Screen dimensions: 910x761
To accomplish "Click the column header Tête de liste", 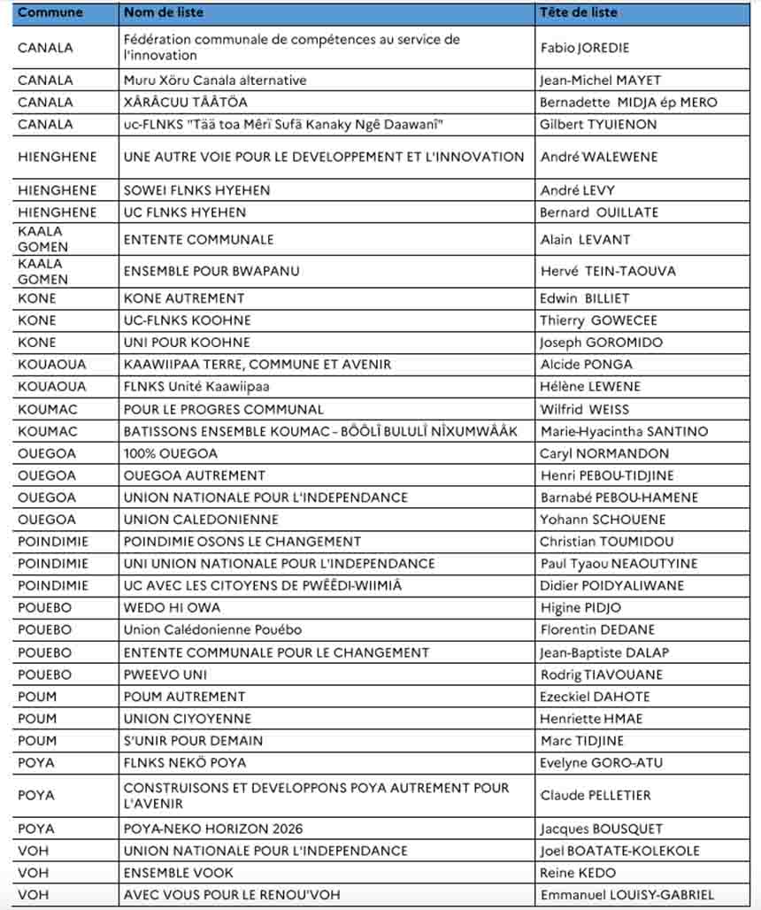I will (579, 12).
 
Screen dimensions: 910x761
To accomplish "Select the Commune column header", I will (50, 12).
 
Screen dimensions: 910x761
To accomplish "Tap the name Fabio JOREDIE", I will (584, 48).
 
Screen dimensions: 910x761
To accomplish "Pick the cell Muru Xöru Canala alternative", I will (215, 81).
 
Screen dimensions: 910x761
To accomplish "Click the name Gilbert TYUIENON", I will (598, 125).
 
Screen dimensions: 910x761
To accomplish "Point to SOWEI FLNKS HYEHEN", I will (196, 190).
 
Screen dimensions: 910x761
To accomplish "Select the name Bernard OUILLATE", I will (599, 212).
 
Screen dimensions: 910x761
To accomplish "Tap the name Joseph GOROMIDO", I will (601, 343).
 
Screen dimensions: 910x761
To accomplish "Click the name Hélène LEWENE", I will (590, 387).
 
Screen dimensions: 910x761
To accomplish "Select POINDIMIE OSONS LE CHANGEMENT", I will (242, 542).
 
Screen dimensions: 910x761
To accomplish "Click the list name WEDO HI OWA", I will (172, 608).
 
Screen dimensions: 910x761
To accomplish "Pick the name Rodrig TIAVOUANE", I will (601, 675).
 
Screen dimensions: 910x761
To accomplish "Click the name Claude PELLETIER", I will (596, 796).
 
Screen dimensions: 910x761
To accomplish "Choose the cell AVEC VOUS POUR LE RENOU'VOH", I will (232, 895).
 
